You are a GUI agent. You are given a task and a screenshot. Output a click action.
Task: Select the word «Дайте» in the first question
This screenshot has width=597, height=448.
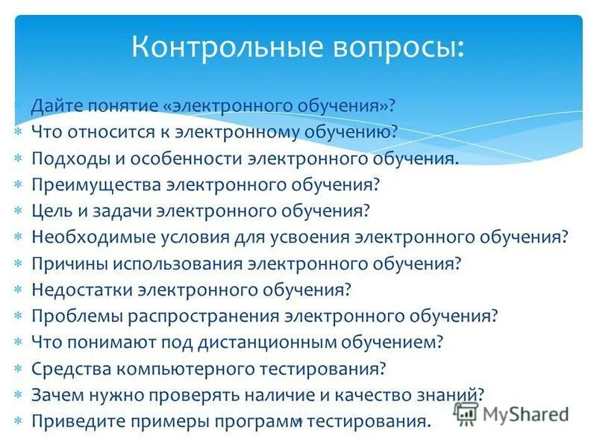[x=57, y=105]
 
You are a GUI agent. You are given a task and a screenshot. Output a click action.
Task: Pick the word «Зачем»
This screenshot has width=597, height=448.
[x=57, y=394]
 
